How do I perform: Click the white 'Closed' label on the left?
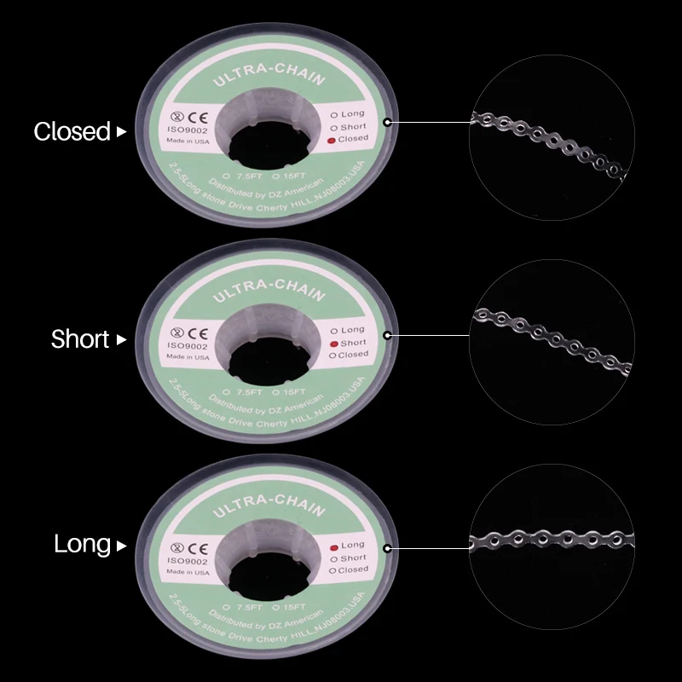click(72, 132)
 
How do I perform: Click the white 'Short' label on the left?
click(80, 339)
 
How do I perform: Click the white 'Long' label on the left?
click(82, 544)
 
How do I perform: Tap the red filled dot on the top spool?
click(332, 138)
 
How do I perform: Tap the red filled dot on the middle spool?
click(332, 342)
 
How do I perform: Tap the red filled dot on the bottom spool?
click(332, 546)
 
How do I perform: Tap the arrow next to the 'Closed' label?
click(121, 132)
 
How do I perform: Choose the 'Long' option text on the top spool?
click(352, 114)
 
